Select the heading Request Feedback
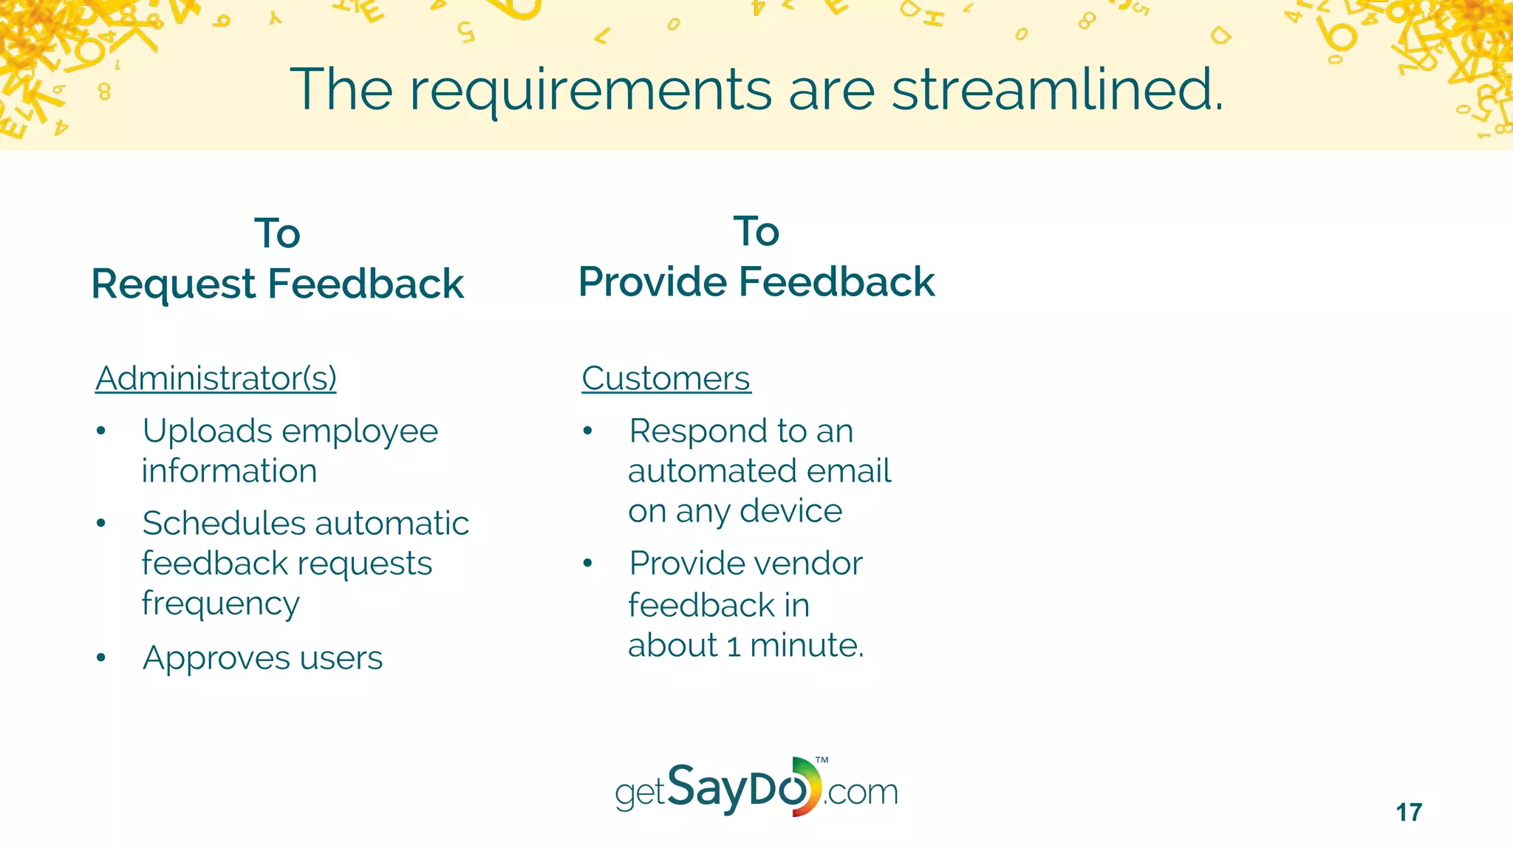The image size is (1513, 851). coord(277,284)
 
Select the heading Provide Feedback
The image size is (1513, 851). coord(756,281)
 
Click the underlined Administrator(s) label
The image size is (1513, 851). coord(216,378)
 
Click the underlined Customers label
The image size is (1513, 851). coord(665,378)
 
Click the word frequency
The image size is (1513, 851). coord(220,604)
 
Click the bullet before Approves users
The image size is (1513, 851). coord(101,657)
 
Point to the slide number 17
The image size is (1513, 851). coord(1408,813)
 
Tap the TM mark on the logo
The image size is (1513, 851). coord(822,760)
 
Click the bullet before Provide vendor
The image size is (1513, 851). coord(587,564)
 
